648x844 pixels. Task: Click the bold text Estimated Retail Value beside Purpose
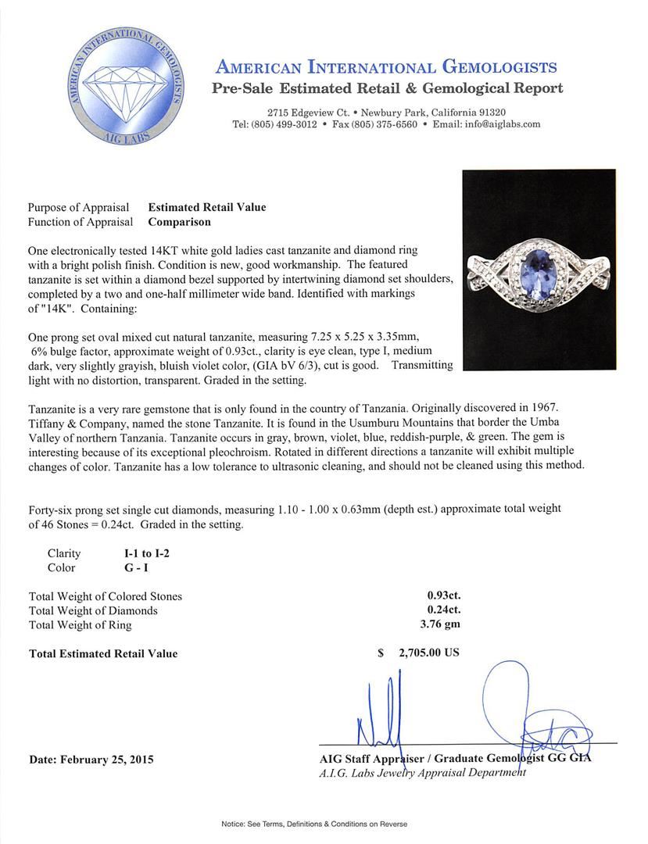click(207, 207)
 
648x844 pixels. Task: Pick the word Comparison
click(180, 222)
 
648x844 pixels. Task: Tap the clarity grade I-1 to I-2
click(141, 553)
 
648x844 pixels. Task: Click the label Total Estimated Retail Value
click(103, 653)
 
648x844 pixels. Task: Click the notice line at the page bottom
click(324, 824)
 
